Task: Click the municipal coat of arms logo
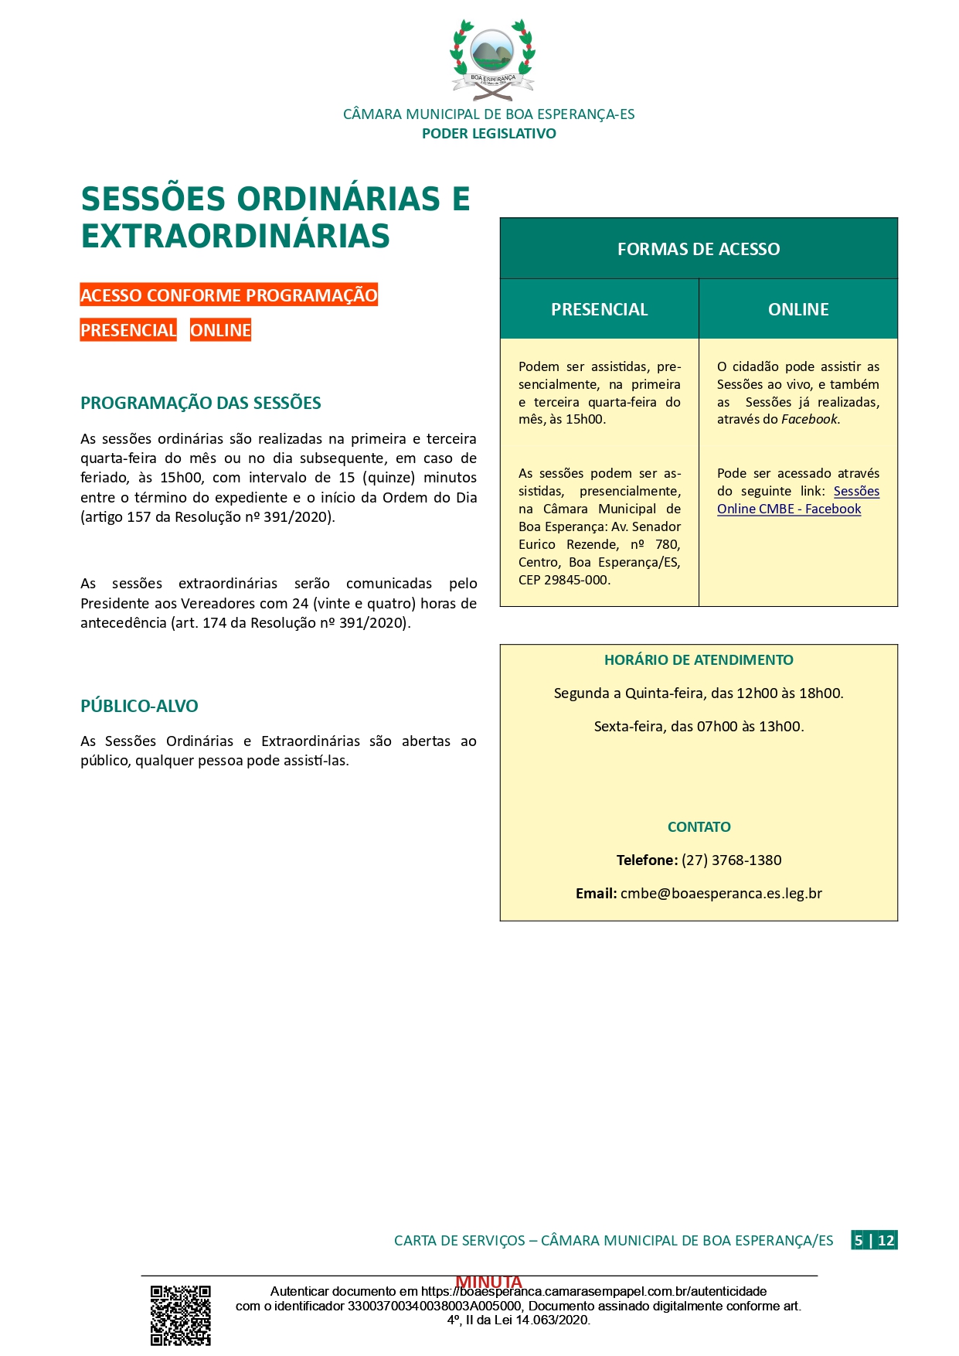(492, 60)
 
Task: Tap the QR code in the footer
(180, 1315)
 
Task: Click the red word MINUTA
(488, 1282)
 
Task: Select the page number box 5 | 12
(874, 1240)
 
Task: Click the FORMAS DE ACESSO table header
(699, 249)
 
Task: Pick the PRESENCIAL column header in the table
(599, 309)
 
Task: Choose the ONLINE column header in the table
(798, 309)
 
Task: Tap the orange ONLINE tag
(220, 330)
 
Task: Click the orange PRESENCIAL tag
(128, 330)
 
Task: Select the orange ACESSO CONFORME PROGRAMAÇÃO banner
(229, 295)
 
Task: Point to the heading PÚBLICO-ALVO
(139, 706)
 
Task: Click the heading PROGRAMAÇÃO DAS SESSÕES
(201, 403)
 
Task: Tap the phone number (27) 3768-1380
(731, 860)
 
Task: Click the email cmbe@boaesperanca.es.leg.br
(721, 893)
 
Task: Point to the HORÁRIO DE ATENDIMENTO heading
(699, 659)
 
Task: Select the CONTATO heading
(699, 826)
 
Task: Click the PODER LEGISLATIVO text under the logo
(488, 134)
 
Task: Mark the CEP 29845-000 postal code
(564, 580)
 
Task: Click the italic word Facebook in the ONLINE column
(809, 419)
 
